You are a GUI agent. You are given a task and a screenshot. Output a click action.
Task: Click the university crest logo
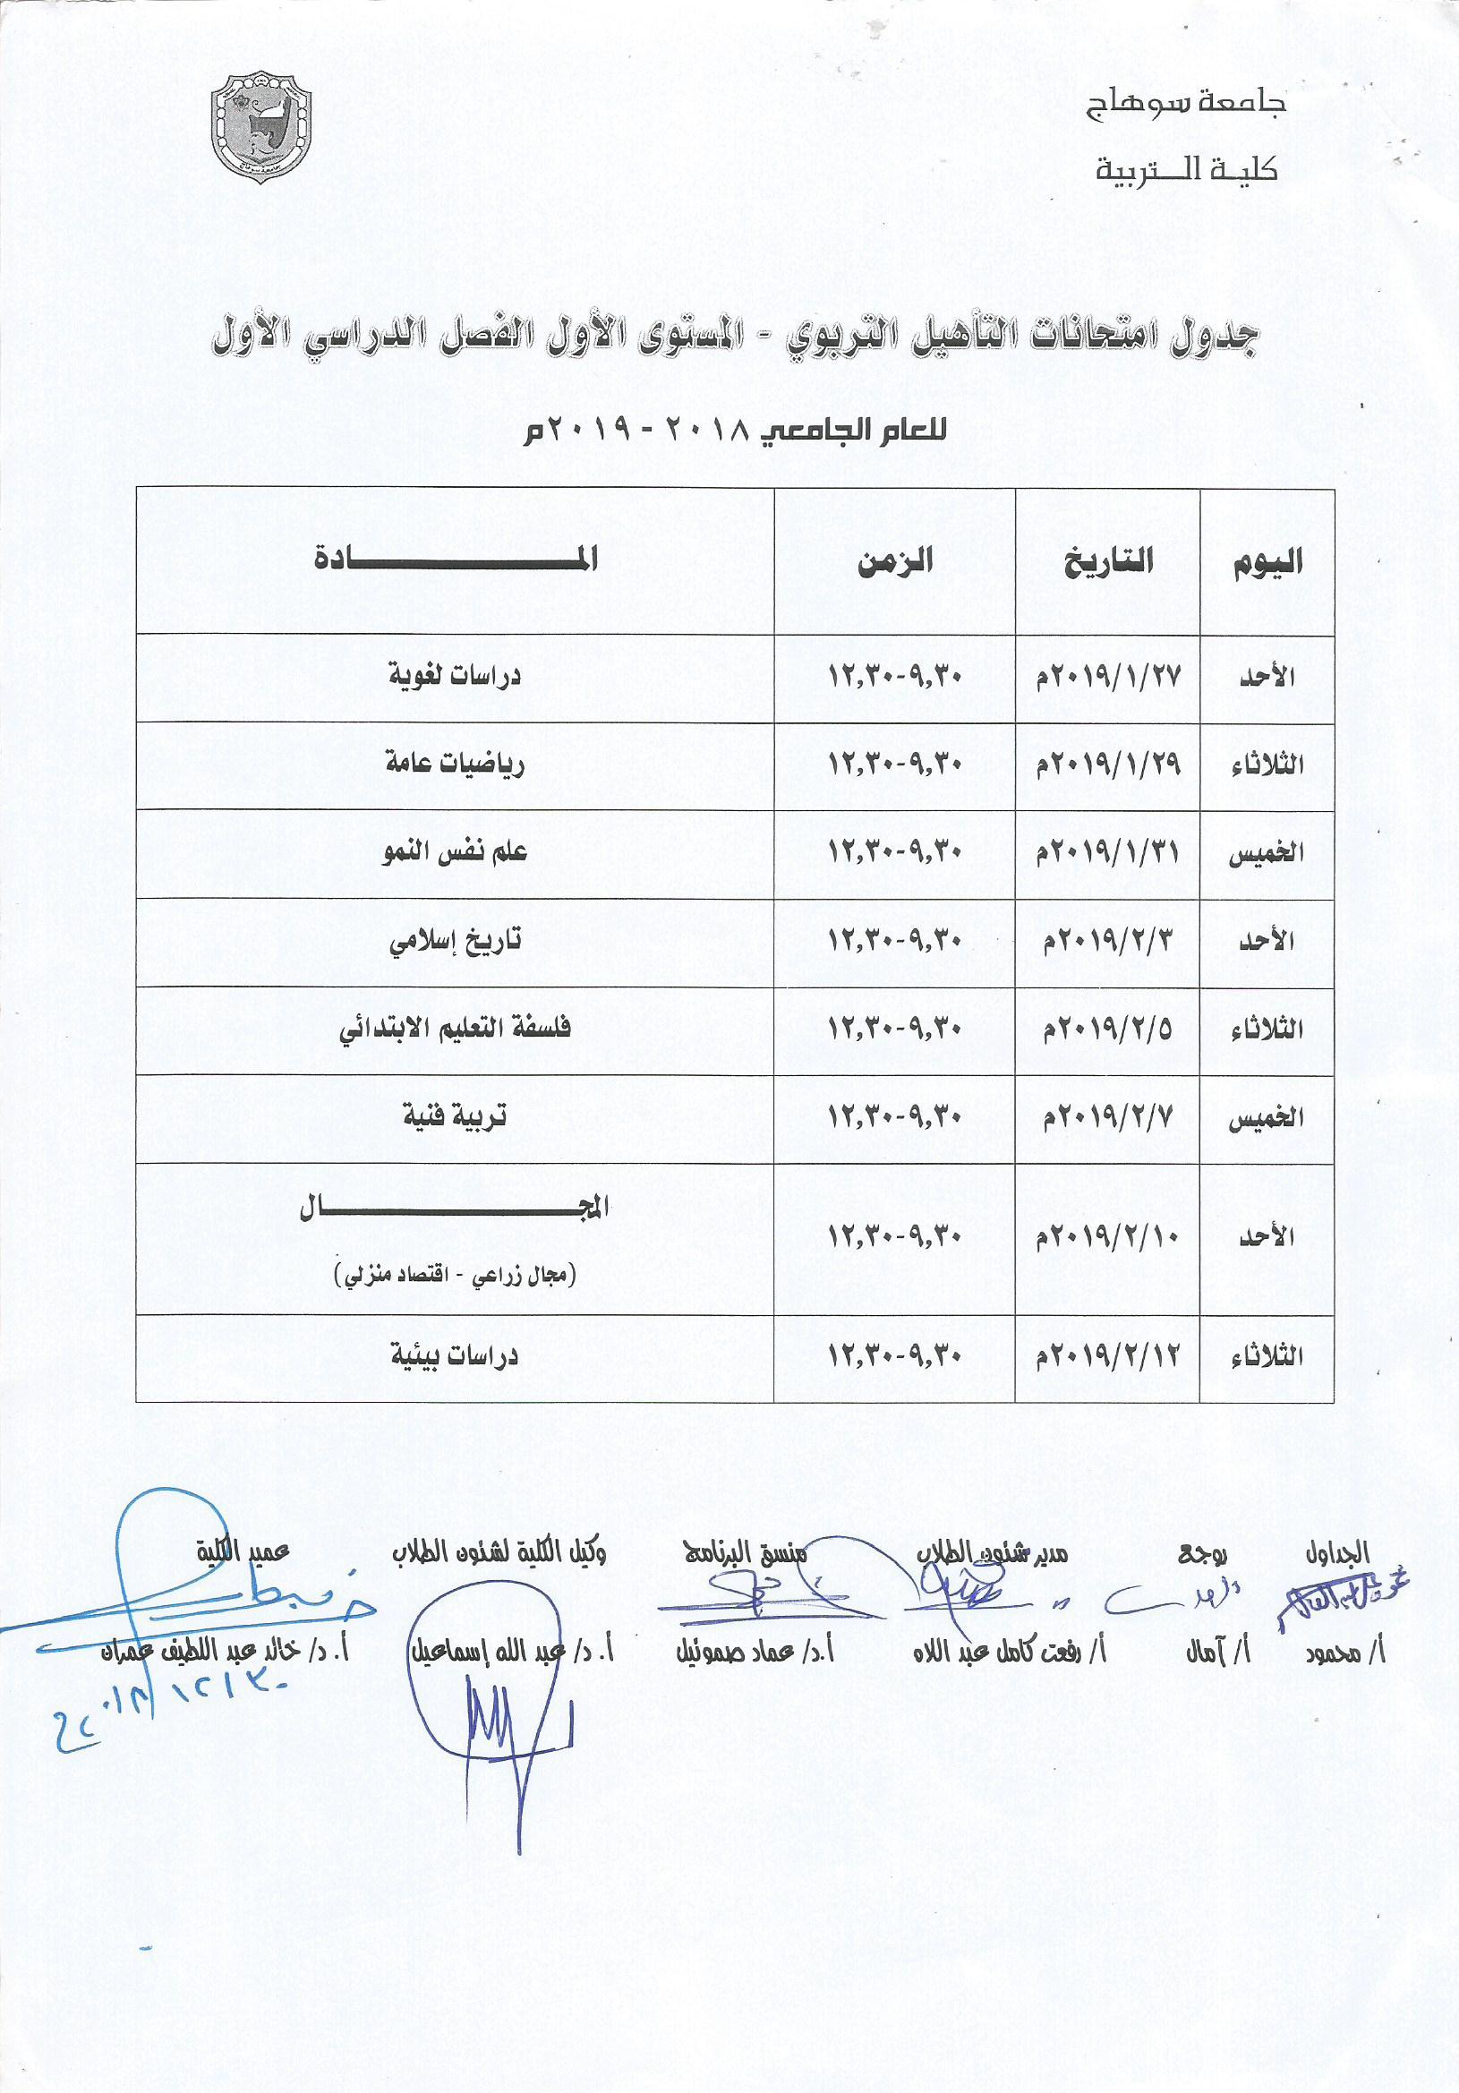(x=260, y=125)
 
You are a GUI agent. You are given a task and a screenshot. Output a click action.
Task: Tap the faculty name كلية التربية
(x=1186, y=169)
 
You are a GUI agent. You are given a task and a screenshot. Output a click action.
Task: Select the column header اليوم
(x=1267, y=561)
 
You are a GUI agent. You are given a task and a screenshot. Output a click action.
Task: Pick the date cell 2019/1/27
(x=1108, y=677)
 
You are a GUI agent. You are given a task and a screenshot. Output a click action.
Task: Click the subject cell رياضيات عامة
(x=455, y=763)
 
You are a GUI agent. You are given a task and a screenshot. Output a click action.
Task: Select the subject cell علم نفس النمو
(x=455, y=852)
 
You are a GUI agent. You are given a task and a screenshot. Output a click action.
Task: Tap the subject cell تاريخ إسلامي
(x=455, y=940)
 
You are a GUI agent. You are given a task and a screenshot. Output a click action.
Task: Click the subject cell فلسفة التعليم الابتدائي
(x=455, y=1029)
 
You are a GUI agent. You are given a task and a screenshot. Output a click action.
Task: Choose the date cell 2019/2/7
(x=1108, y=1116)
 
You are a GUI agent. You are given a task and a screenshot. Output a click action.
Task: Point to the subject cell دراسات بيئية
(x=455, y=1355)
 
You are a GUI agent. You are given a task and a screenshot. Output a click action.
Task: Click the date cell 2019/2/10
(x=1108, y=1237)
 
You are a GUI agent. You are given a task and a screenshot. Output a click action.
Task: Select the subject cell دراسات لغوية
(x=455, y=677)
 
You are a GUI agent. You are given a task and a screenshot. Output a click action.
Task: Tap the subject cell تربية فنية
(x=455, y=1116)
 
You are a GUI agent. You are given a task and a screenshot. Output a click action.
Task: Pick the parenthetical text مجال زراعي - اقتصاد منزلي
(x=455, y=1274)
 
